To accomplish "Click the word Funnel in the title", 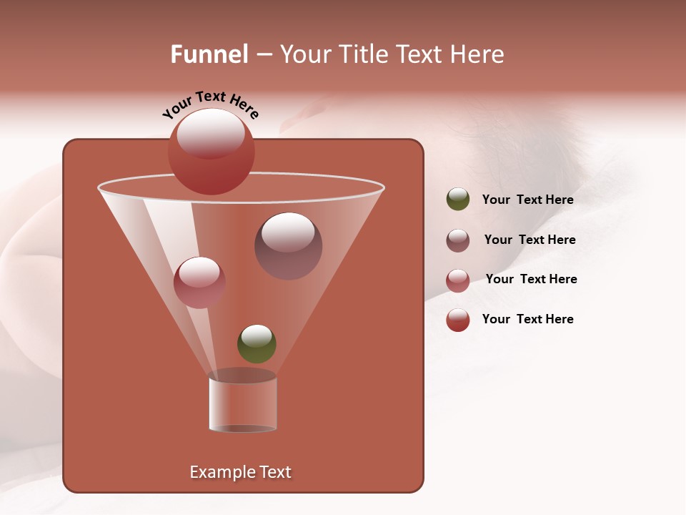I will coord(209,54).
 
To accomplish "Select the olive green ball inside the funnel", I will coord(257,344).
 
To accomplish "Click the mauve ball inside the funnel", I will coord(288,246).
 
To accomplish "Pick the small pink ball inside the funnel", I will coord(199,283).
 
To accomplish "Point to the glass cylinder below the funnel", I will coord(242,404).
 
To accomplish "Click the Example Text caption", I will coord(240,472).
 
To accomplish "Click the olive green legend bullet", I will coord(458,200).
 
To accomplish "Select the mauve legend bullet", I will coord(458,240).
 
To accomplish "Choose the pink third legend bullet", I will coord(458,280).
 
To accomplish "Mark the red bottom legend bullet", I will coord(458,320).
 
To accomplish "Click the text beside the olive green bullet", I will coord(527,200).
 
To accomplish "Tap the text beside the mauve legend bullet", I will coord(530,240).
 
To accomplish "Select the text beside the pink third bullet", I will coord(531,280).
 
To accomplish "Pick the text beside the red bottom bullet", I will coord(527,320).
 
